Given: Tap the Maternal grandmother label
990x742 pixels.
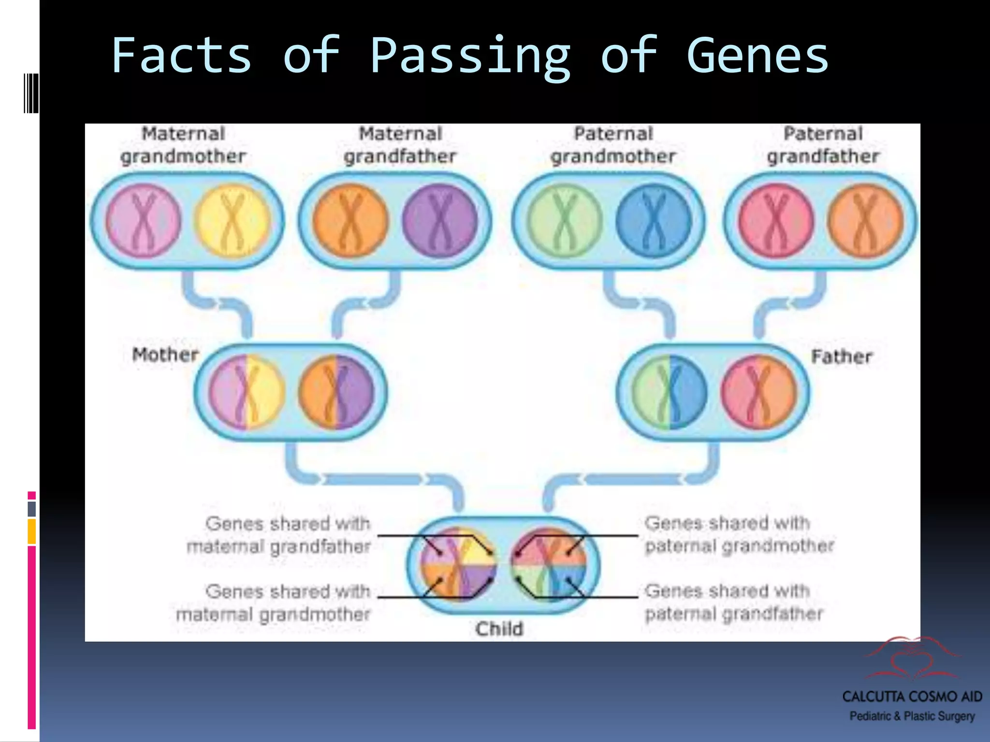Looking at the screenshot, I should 183,145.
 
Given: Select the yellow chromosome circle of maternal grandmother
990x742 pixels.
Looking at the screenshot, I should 233,221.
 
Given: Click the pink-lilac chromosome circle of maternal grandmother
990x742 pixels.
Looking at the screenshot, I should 144,221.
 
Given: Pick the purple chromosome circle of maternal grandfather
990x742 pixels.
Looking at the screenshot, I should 440,221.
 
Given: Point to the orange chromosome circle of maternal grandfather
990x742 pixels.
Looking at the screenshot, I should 350,221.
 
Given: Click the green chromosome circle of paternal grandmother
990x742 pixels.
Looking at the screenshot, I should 565,221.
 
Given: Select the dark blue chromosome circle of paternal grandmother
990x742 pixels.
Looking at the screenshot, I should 654,221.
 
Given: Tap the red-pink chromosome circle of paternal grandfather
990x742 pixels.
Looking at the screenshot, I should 775,221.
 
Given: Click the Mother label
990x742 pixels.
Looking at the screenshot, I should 165,355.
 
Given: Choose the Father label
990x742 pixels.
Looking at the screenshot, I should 842,357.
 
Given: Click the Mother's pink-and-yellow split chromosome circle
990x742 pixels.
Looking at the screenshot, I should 247,392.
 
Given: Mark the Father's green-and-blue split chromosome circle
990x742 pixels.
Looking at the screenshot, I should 670,392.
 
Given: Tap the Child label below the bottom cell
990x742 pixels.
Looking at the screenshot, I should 499,629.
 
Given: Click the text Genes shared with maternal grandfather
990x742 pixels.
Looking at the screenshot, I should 279,535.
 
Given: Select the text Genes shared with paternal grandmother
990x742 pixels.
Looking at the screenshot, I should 739,534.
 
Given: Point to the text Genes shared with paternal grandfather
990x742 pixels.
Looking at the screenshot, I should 734,602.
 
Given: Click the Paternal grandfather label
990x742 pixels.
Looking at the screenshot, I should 823,145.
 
